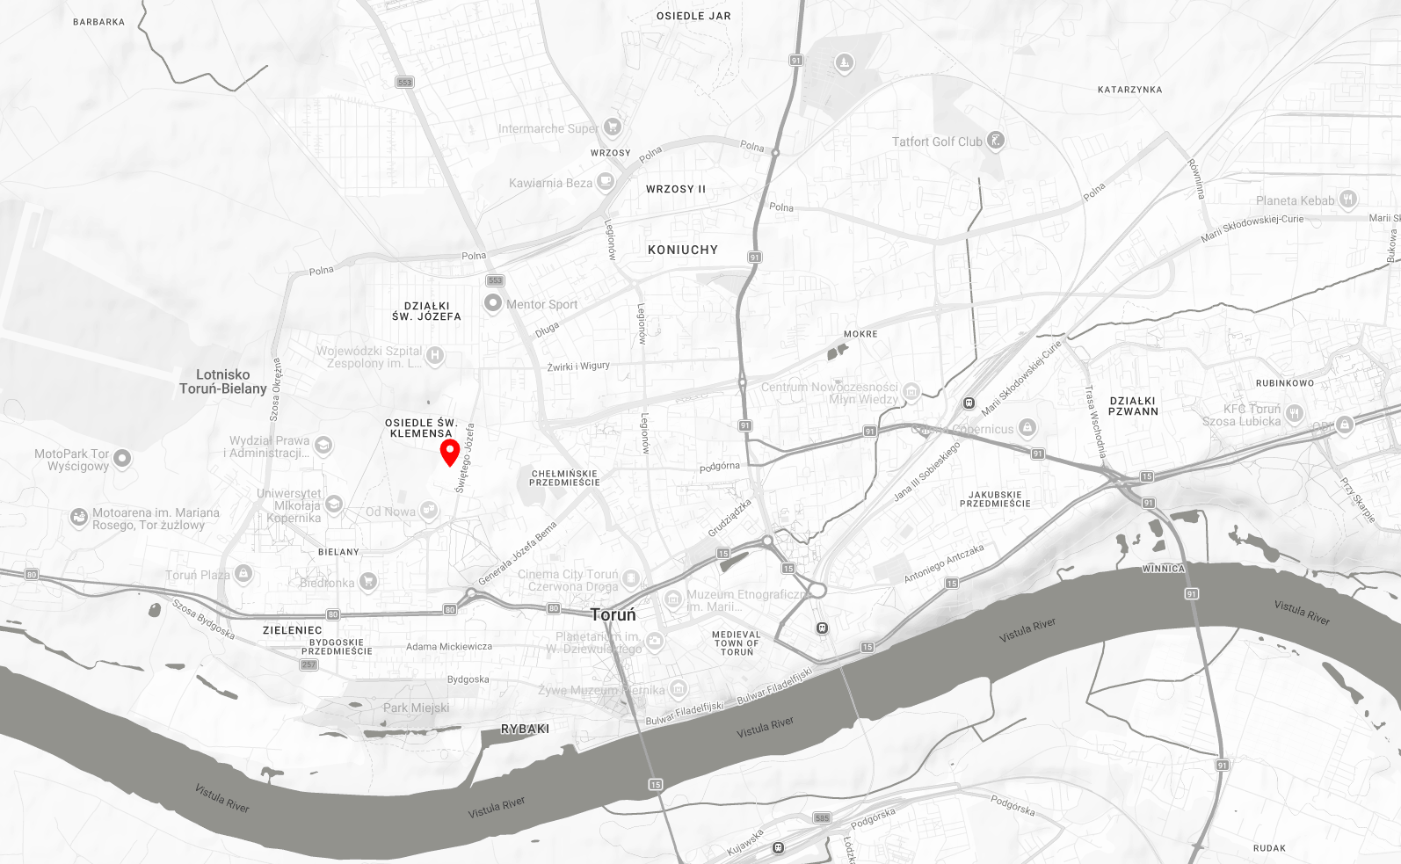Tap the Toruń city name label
pyautogui.click(x=613, y=614)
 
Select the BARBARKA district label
pyautogui.click(x=98, y=22)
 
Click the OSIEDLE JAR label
pyautogui.click(x=693, y=16)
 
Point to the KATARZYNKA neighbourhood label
pyautogui.click(x=1129, y=90)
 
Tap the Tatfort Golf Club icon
pyautogui.click(x=995, y=141)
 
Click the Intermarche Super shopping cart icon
pyautogui.click(x=613, y=127)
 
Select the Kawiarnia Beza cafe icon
pyautogui.click(x=605, y=182)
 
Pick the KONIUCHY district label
pyautogui.click(x=683, y=250)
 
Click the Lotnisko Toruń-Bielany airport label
pyautogui.click(x=222, y=381)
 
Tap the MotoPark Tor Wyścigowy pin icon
pyautogui.click(x=122, y=458)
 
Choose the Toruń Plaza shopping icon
pyautogui.click(x=243, y=574)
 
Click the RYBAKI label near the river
pyautogui.click(x=525, y=729)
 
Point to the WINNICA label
pyautogui.click(x=1164, y=569)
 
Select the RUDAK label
pyautogui.click(x=1269, y=848)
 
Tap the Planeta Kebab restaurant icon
pyautogui.click(x=1348, y=200)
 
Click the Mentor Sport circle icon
pyautogui.click(x=494, y=303)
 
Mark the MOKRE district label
pyautogui.click(x=860, y=334)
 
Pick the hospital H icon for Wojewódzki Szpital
pyautogui.click(x=434, y=355)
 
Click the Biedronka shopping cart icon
pyautogui.click(x=368, y=581)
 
